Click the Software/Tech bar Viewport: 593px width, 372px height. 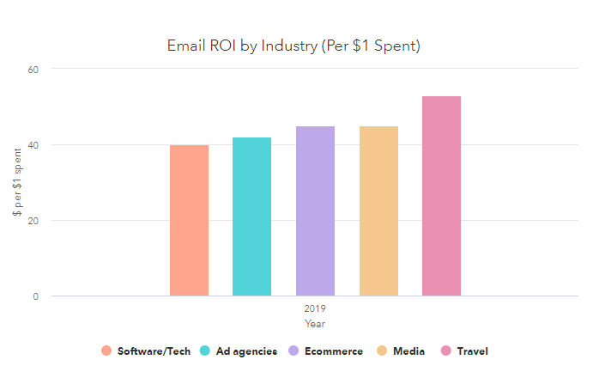[x=189, y=221]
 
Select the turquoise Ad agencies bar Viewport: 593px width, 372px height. [x=251, y=216]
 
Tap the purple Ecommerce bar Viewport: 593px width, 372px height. [x=315, y=211]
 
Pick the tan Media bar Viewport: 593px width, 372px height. [x=378, y=211]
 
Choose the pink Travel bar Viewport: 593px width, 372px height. [x=441, y=196]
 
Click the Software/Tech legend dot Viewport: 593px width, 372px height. [x=106, y=351]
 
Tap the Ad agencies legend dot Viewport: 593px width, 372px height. [x=205, y=351]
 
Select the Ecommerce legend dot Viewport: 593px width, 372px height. [x=293, y=351]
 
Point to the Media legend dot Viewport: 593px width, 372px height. [x=382, y=351]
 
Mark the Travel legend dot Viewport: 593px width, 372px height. [x=446, y=351]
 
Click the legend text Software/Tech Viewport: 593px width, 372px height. [x=153, y=351]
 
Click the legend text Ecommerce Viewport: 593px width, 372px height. [x=334, y=351]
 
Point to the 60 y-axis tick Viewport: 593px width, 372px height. [x=33, y=69]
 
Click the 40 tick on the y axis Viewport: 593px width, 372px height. [x=33, y=144]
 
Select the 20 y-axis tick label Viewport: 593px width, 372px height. [x=33, y=221]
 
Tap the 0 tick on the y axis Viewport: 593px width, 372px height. [x=36, y=296]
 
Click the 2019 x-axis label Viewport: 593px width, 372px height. [x=315, y=308]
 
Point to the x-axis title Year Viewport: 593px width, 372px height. [x=315, y=323]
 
